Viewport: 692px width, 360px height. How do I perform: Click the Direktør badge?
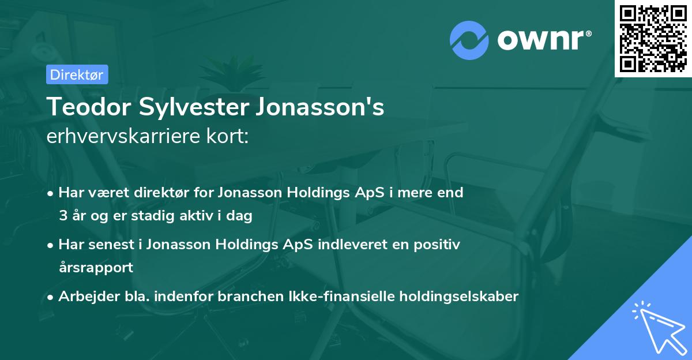click(77, 74)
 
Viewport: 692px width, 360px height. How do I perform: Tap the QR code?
click(653, 38)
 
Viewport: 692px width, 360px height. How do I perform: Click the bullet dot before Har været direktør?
click(51, 193)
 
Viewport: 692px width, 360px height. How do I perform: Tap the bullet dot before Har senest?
click(51, 245)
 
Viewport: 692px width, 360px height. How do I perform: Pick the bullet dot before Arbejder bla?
click(51, 297)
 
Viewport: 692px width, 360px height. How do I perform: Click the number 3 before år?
click(63, 216)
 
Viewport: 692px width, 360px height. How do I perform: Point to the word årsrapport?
click(96, 268)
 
